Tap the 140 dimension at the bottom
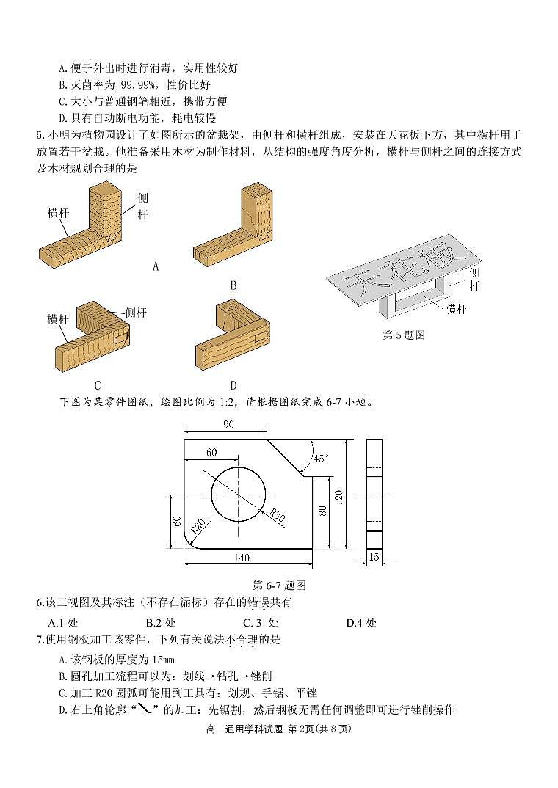241,558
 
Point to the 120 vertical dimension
338,497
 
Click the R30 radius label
276,514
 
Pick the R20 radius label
198,526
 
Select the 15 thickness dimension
374,558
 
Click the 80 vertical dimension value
321,511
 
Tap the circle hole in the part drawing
239,492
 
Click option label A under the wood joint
155,266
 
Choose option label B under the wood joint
233,285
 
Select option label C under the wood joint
97,385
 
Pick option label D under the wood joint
233,385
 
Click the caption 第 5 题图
404,335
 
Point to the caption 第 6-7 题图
278,585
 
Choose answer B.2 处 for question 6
160,623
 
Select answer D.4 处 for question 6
360,623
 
